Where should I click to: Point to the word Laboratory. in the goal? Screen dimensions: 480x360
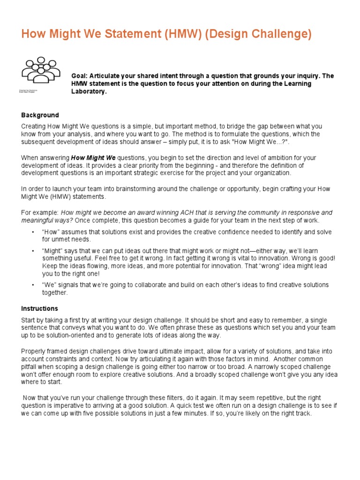[89, 91]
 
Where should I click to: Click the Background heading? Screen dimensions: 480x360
[40, 115]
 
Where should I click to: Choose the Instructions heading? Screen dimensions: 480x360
[39, 308]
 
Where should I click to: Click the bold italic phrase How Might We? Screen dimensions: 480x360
[93, 157]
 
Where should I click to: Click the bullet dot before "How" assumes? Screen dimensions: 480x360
[33, 232]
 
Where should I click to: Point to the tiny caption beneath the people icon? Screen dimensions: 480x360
[29, 91]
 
